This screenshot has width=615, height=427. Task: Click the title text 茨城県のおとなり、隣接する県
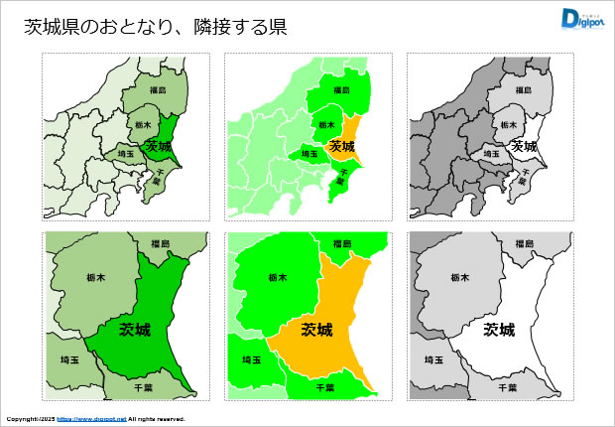[x=156, y=28]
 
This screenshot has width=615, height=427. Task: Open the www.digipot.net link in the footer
[x=91, y=419]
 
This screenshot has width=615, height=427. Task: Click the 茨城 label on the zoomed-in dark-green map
[x=135, y=329]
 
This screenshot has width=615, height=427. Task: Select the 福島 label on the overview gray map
[x=523, y=90]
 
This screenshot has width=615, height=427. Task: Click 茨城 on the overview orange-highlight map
[x=341, y=146]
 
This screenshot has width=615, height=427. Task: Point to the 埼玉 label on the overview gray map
[x=491, y=154]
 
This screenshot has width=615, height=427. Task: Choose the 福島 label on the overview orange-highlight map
[x=340, y=90]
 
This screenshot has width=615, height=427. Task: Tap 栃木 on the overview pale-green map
[x=141, y=125]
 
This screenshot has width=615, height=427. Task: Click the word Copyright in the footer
[x=18, y=419]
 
